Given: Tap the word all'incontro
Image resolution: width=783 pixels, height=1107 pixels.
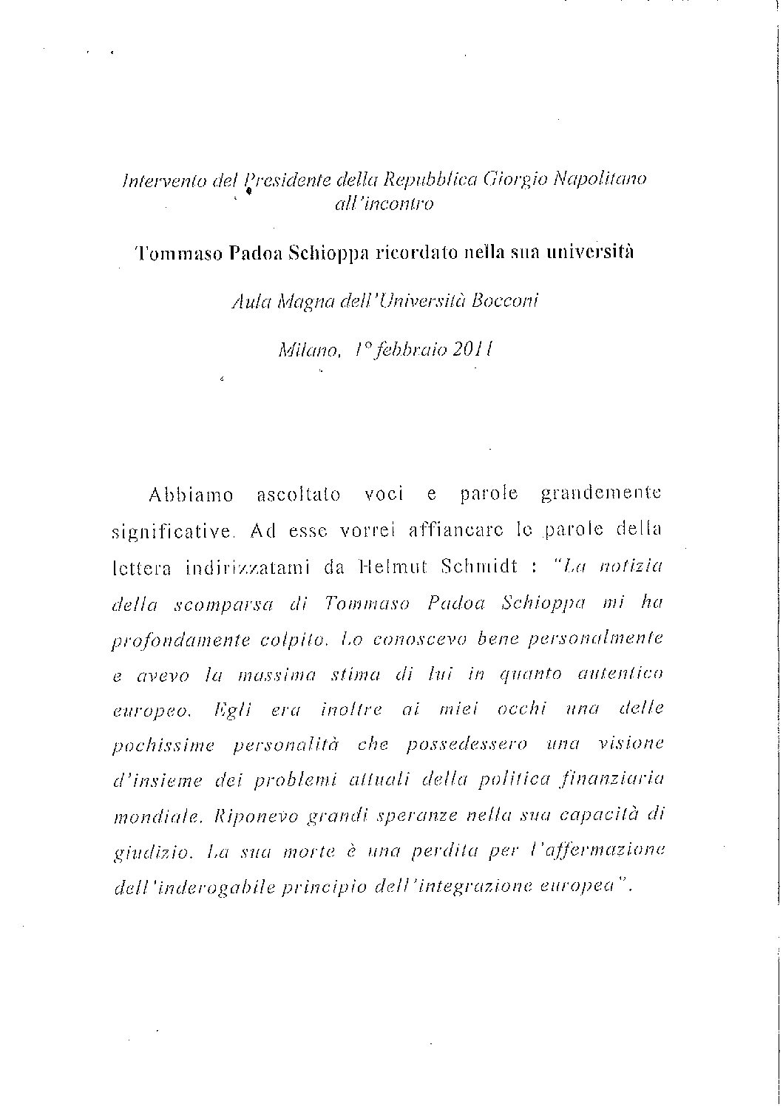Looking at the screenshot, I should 383,204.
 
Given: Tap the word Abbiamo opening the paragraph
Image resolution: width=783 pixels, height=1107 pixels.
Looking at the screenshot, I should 191,495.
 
